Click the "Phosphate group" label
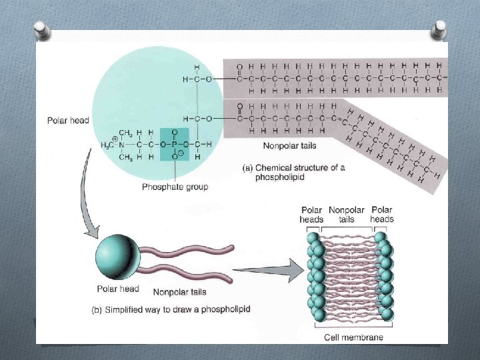[175, 187]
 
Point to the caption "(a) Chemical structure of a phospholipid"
[293, 173]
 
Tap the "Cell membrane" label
[353, 337]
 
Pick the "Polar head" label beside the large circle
[68, 121]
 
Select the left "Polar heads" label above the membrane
[312, 214]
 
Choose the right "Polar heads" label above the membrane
[382, 214]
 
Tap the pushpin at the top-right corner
[439, 29]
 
